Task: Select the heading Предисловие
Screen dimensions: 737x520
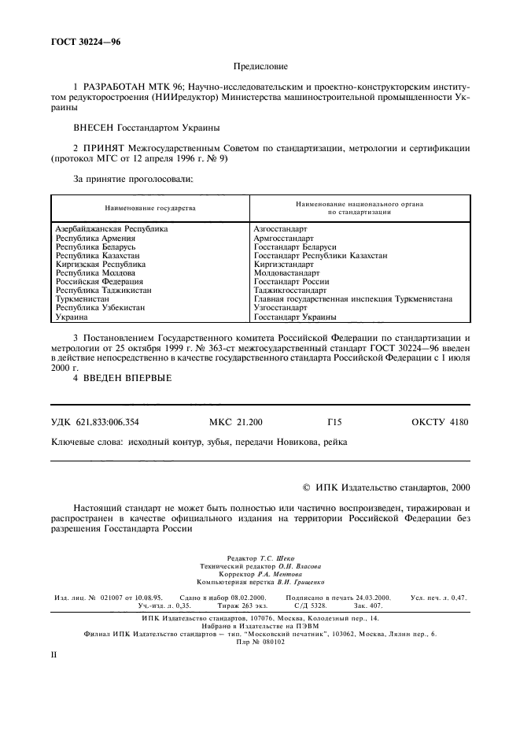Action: [260, 69]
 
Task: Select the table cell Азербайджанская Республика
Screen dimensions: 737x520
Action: [111, 229]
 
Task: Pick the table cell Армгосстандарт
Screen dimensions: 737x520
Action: [283, 238]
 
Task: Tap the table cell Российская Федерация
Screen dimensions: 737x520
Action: [99, 282]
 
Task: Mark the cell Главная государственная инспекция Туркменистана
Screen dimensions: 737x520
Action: [352, 299]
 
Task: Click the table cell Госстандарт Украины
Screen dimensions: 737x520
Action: [295, 317]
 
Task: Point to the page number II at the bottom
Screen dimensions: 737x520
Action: [54, 654]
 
